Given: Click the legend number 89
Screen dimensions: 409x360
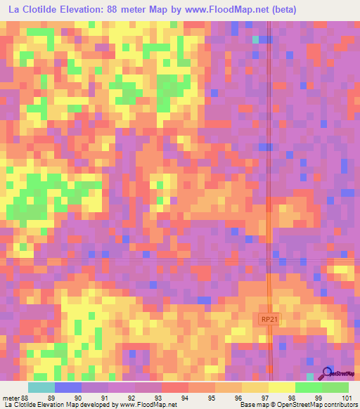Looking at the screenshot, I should tap(50, 397).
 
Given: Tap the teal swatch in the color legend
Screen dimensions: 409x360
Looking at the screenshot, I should tap(41, 387).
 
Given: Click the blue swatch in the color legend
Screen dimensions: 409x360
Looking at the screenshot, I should tap(67, 387).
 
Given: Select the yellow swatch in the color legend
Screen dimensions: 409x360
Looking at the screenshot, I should tap(281, 387).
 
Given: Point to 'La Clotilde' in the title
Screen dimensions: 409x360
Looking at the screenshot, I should tap(34, 10).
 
